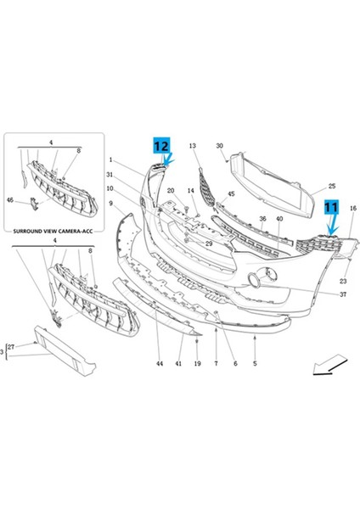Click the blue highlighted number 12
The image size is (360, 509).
(x=161, y=145)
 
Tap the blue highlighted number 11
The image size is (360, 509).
(x=331, y=207)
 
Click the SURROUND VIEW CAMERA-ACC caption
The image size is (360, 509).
(x=53, y=231)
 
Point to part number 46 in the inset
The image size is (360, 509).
(x=10, y=200)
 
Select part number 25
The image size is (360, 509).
(x=332, y=187)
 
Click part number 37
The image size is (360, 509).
(x=343, y=294)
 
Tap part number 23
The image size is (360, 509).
(x=343, y=281)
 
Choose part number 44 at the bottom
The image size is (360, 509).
(x=160, y=364)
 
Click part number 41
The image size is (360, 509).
(x=178, y=364)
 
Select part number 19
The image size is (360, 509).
(x=198, y=364)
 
